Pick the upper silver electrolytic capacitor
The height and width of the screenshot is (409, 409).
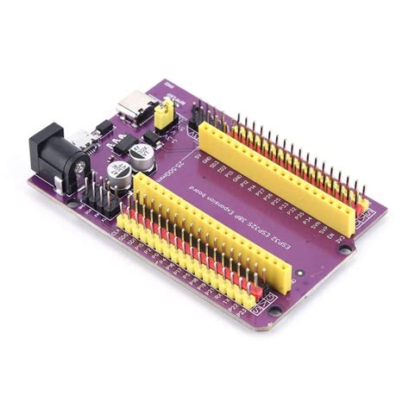(x=143, y=154)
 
